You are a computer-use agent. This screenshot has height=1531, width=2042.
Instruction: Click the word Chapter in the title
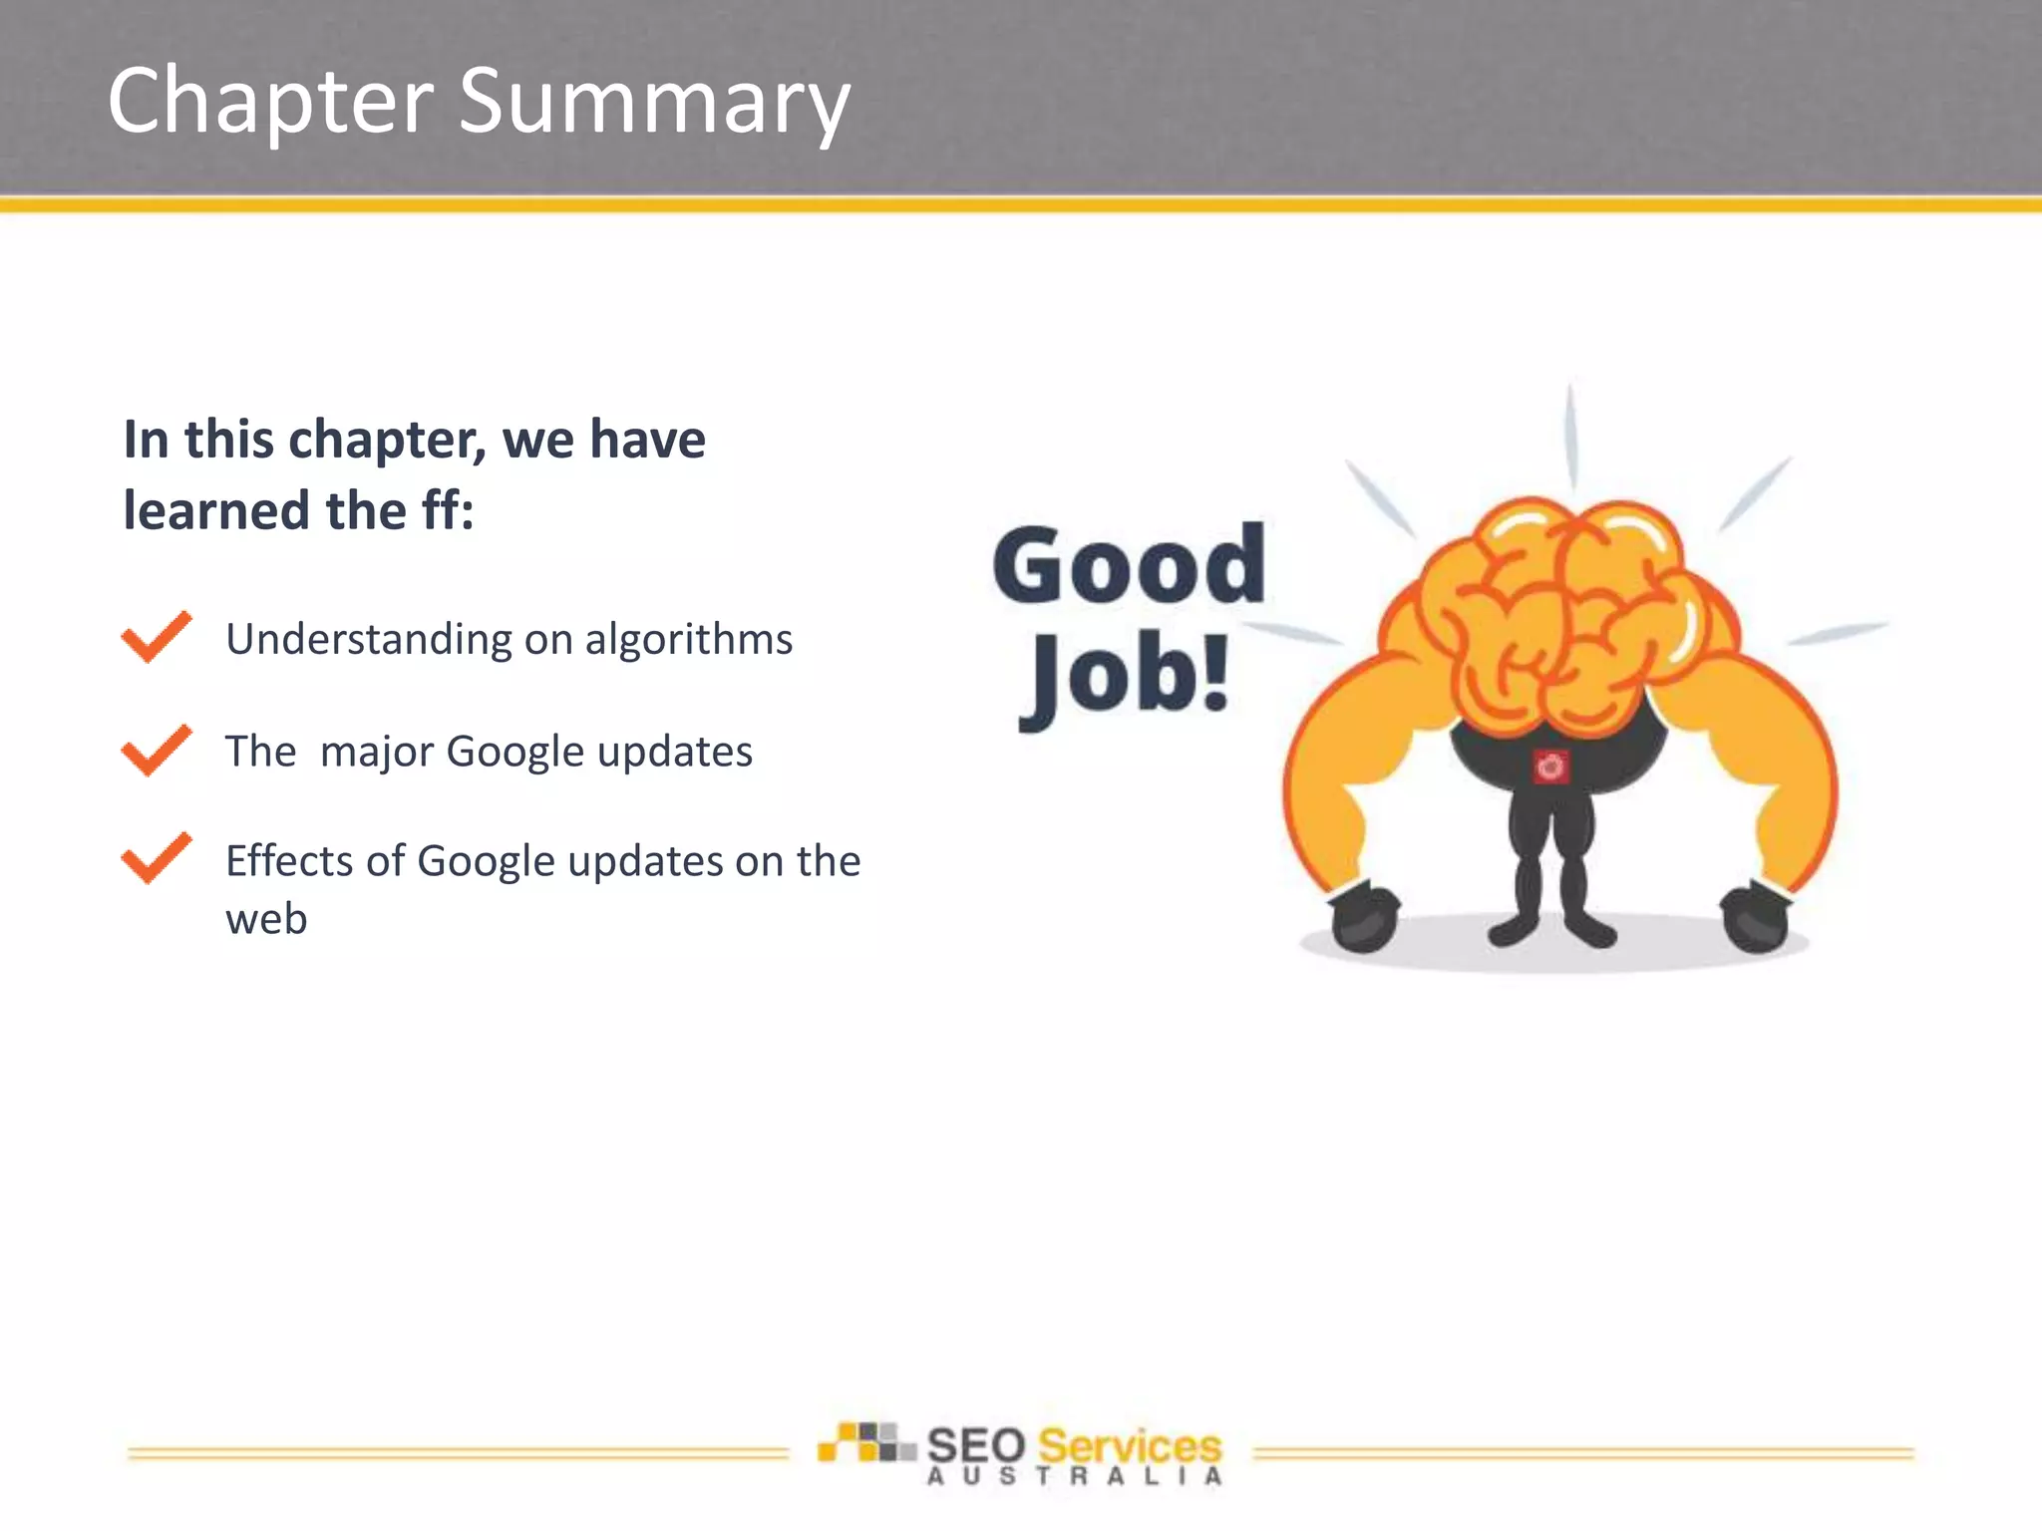(x=270, y=103)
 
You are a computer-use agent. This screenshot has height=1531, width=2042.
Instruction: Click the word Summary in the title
(x=654, y=103)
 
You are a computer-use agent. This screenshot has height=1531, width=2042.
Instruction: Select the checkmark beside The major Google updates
(x=156, y=750)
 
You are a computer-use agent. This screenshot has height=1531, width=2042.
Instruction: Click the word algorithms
(x=688, y=639)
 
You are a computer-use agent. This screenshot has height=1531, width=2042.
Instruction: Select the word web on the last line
(x=266, y=919)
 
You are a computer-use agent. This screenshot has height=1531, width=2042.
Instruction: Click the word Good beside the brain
(x=1129, y=565)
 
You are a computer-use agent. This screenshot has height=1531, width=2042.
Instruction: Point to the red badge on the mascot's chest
(x=1550, y=765)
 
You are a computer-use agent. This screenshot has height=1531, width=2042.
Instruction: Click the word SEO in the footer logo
(x=976, y=1445)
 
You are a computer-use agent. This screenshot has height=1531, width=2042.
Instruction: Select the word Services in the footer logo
(x=1130, y=1445)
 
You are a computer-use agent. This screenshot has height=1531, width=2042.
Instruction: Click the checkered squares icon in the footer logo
(x=863, y=1442)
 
